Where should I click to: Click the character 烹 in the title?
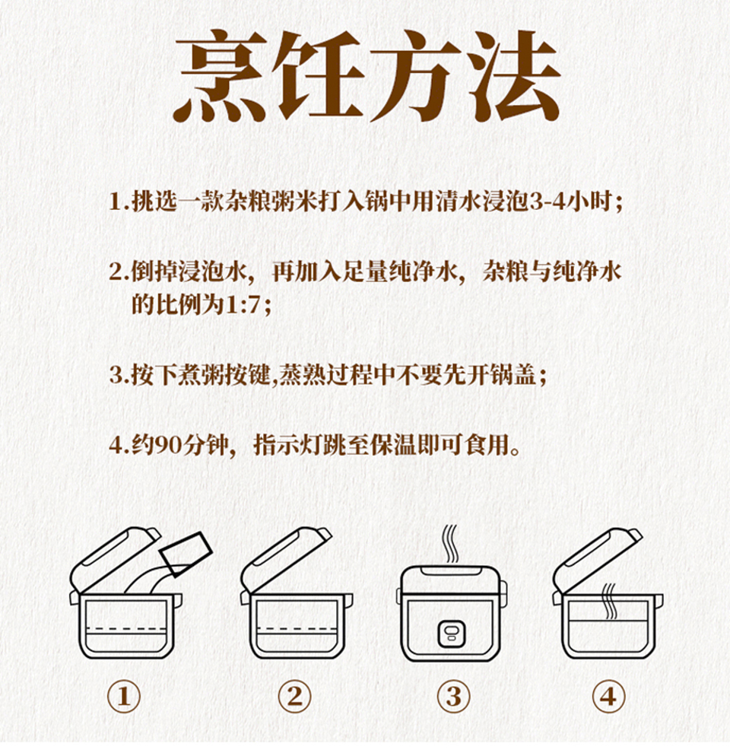(x=221, y=76)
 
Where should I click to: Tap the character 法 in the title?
(x=513, y=76)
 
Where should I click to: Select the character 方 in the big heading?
(x=416, y=76)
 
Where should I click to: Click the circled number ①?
(x=123, y=696)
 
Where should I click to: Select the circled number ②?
(x=294, y=696)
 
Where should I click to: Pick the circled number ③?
(x=454, y=696)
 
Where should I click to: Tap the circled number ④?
(x=608, y=696)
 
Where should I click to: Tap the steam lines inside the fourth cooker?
(x=610, y=602)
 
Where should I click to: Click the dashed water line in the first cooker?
(x=125, y=628)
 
